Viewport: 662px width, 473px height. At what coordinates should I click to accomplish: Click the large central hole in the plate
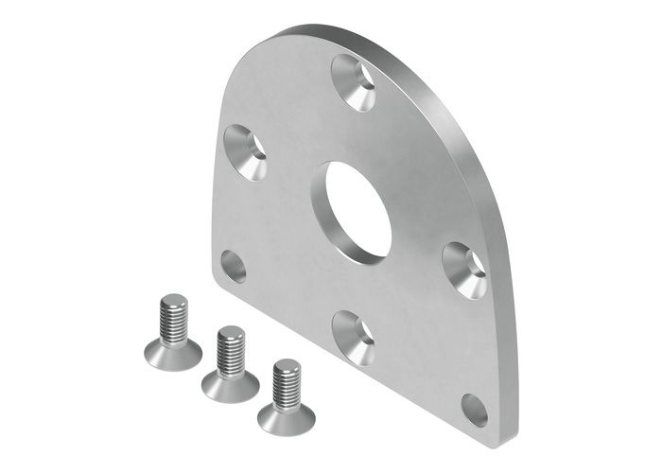[x=355, y=211]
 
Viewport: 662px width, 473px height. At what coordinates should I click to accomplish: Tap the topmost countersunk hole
[x=355, y=82]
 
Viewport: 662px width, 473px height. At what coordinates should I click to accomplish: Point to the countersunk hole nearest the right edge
[x=465, y=271]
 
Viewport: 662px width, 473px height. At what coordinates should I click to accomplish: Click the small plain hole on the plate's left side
[x=233, y=266]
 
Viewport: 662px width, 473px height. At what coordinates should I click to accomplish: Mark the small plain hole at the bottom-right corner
[x=475, y=410]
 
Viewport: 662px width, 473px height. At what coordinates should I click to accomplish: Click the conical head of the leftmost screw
[x=173, y=354]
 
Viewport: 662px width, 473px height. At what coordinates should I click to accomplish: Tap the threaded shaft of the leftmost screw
[x=173, y=322]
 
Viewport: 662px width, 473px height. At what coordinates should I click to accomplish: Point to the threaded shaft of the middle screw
[x=231, y=352]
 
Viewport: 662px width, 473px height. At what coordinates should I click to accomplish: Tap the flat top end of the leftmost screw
[x=173, y=301]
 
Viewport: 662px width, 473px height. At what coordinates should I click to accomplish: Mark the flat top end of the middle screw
[x=231, y=332]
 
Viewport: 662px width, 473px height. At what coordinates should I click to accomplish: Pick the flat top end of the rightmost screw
[x=287, y=365]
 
